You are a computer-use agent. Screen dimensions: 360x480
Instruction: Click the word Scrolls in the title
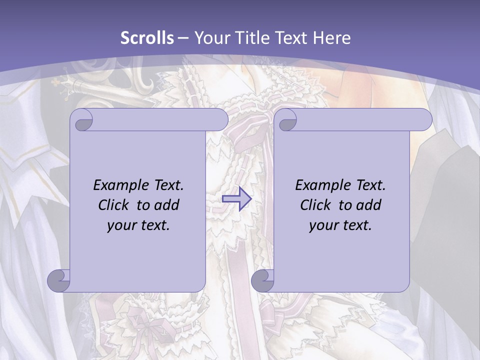pos(147,38)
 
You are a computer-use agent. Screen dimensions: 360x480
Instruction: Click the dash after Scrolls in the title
pos(183,38)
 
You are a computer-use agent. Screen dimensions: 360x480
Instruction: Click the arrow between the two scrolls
pos(236,198)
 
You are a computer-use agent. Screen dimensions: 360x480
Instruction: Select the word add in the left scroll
pos(167,205)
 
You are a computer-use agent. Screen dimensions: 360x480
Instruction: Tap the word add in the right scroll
pos(369,205)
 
